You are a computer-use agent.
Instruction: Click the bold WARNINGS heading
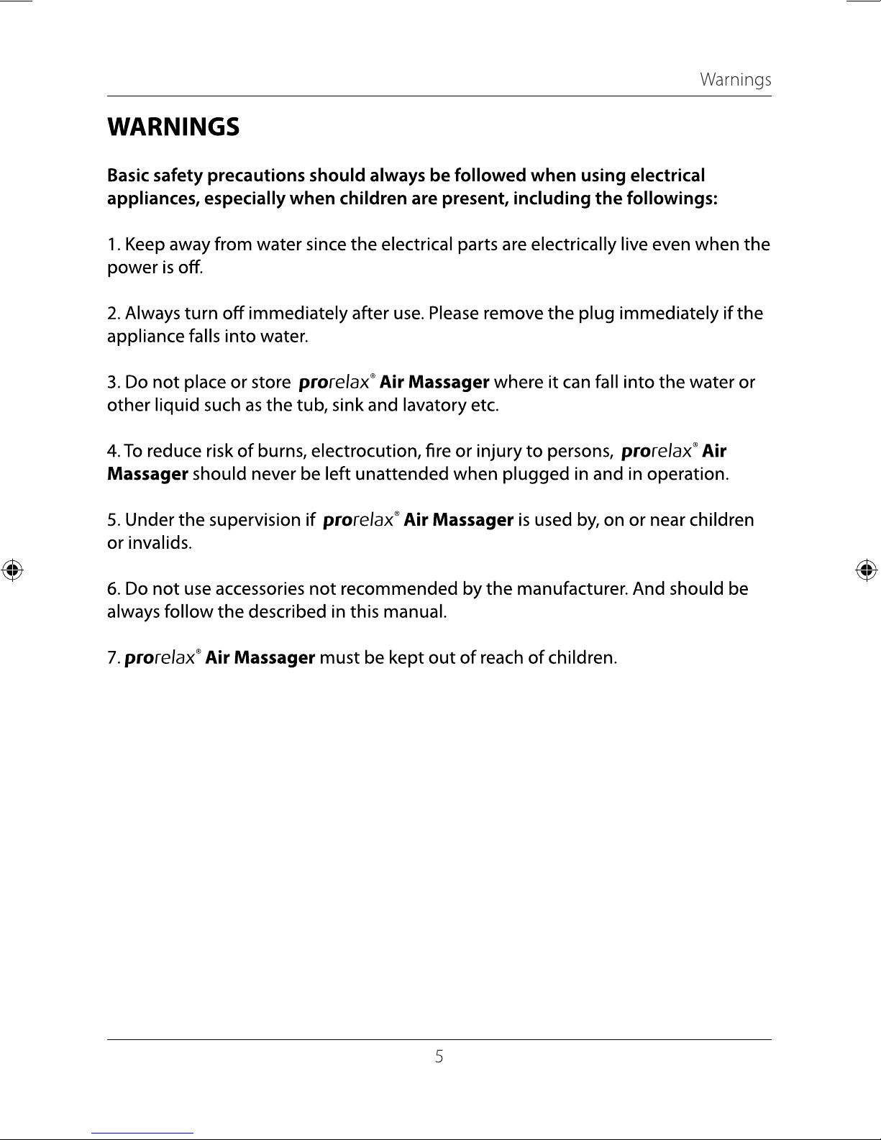(x=173, y=127)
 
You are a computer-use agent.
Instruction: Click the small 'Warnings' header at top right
(x=735, y=80)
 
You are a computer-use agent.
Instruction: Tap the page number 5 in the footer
(x=439, y=1057)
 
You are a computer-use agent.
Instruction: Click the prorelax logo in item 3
(x=334, y=383)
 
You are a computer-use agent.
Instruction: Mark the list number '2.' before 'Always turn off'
(x=114, y=314)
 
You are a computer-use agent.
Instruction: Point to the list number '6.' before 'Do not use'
(x=114, y=589)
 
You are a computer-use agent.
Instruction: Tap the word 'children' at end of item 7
(x=583, y=658)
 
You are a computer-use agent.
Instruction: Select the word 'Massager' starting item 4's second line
(x=147, y=475)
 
